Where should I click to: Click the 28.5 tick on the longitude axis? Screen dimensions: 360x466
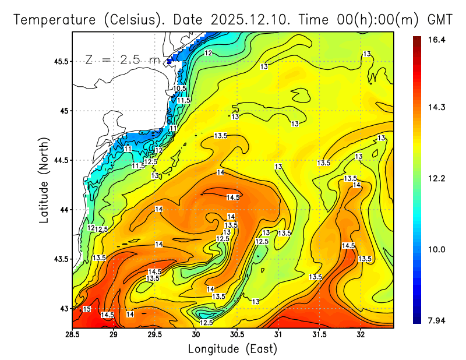coord(73,334)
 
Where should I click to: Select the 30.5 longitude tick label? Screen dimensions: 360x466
coord(237,334)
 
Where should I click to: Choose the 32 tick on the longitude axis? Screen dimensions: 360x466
coord(361,334)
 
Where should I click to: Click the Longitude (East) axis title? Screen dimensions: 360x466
coord(232,349)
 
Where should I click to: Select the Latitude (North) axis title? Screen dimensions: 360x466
coord(44,179)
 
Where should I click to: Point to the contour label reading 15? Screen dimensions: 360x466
coord(87,309)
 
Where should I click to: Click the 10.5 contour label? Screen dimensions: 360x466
coord(179,89)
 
